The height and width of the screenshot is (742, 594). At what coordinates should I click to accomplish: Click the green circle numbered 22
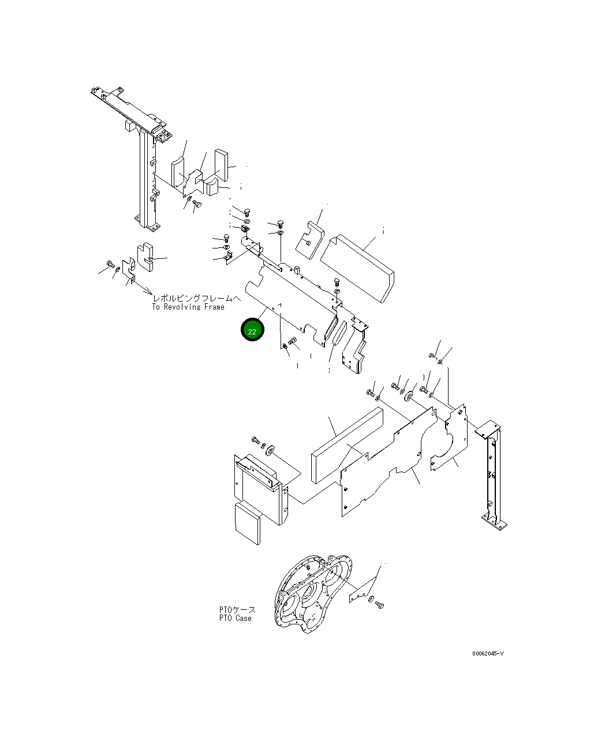tap(252, 331)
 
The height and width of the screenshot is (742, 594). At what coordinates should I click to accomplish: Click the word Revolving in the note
tap(182, 307)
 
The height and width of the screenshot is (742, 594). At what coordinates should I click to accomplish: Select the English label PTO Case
tap(235, 619)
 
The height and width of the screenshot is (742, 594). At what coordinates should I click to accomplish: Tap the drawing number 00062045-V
tap(488, 654)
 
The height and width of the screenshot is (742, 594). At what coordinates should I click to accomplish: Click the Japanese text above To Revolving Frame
tap(196, 298)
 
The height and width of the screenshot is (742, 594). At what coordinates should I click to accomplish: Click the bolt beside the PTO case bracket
tap(379, 604)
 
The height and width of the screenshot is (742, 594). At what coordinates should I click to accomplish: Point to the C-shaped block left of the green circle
tap(147, 257)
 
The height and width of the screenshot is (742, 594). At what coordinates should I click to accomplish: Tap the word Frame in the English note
tap(213, 307)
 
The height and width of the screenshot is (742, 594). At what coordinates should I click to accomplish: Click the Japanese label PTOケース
tap(237, 609)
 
